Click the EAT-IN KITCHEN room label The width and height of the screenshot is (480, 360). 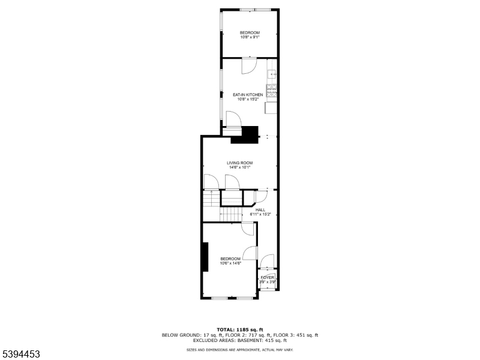pyautogui.click(x=248, y=95)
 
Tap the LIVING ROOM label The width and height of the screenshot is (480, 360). pyautogui.click(x=239, y=163)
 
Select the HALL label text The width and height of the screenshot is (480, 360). pyautogui.click(x=260, y=210)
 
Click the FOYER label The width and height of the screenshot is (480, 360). pyautogui.click(x=267, y=278)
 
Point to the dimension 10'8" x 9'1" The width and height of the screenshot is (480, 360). pyautogui.click(x=250, y=37)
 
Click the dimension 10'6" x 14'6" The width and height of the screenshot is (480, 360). pyautogui.click(x=230, y=263)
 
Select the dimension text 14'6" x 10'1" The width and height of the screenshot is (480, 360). pyautogui.click(x=239, y=167)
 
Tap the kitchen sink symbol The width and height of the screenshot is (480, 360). pyautogui.click(x=272, y=74)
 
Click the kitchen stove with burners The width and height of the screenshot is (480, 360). pyautogui.click(x=272, y=91)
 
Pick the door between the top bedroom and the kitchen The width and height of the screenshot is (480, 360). pyautogui.click(x=249, y=66)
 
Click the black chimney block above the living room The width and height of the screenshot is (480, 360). pyautogui.click(x=245, y=135)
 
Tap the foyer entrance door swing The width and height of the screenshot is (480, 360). pyautogui.click(x=266, y=261)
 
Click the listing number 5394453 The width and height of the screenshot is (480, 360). pyautogui.click(x=21, y=355)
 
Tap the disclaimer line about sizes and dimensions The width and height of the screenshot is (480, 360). pyautogui.click(x=239, y=349)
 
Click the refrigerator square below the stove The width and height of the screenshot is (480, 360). pyautogui.click(x=271, y=108)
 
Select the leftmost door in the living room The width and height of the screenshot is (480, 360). pyautogui.click(x=210, y=182)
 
